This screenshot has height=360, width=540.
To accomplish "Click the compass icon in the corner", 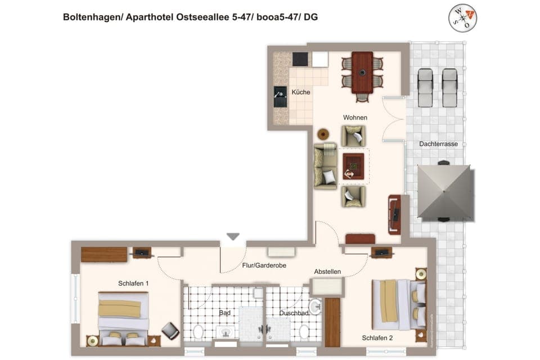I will tap(462, 18).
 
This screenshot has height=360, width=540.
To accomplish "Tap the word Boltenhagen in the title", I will tap(91, 17).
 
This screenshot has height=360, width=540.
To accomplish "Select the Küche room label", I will tap(300, 92).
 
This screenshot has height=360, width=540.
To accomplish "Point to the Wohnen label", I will tap(355, 118).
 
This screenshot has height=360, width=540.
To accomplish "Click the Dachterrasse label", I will tap(438, 144).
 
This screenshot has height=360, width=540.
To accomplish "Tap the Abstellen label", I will tap(327, 272).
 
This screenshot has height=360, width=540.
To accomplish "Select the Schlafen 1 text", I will tap(133, 283).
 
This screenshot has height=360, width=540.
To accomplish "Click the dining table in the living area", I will tap(362, 73).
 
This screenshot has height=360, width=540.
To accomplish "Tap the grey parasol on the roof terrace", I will tap(444, 192).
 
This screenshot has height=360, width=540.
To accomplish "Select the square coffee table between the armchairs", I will tap(353, 166).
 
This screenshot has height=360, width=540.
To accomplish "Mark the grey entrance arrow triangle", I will tap(233, 237).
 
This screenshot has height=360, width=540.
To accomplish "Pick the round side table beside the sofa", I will tap(323, 134).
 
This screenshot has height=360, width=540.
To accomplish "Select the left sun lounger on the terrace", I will tap(425, 87).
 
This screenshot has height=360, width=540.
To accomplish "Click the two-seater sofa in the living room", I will tap(326, 166).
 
